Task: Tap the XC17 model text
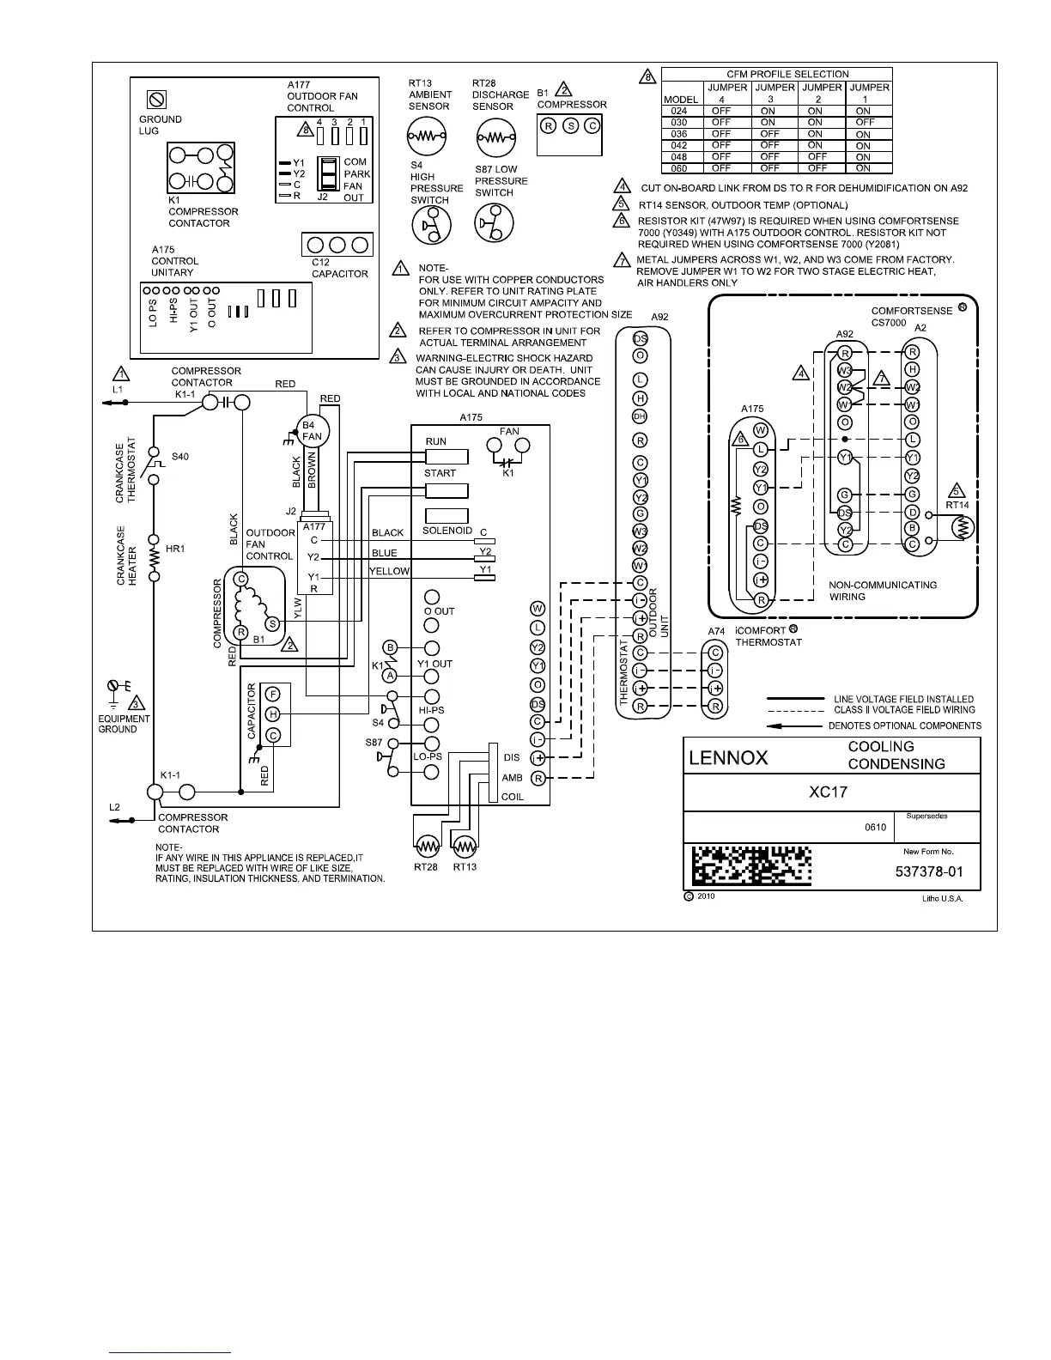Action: [x=828, y=792]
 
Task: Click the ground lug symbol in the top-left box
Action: [x=157, y=100]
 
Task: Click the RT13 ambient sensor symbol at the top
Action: [x=427, y=137]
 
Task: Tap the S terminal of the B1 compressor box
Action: [x=571, y=126]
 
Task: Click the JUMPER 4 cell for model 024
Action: [x=721, y=111]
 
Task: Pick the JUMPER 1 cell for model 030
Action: [x=864, y=123]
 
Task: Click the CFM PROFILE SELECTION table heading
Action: [x=787, y=74]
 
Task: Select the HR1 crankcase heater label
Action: [x=175, y=549]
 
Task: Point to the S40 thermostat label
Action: [x=179, y=457]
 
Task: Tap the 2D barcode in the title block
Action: [x=751, y=866]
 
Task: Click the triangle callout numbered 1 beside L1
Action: [x=122, y=373]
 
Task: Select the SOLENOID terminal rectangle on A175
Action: [x=447, y=516]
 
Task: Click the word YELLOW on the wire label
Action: [x=389, y=571]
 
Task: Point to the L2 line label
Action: [x=115, y=808]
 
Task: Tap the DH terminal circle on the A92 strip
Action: [x=640, y=416]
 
